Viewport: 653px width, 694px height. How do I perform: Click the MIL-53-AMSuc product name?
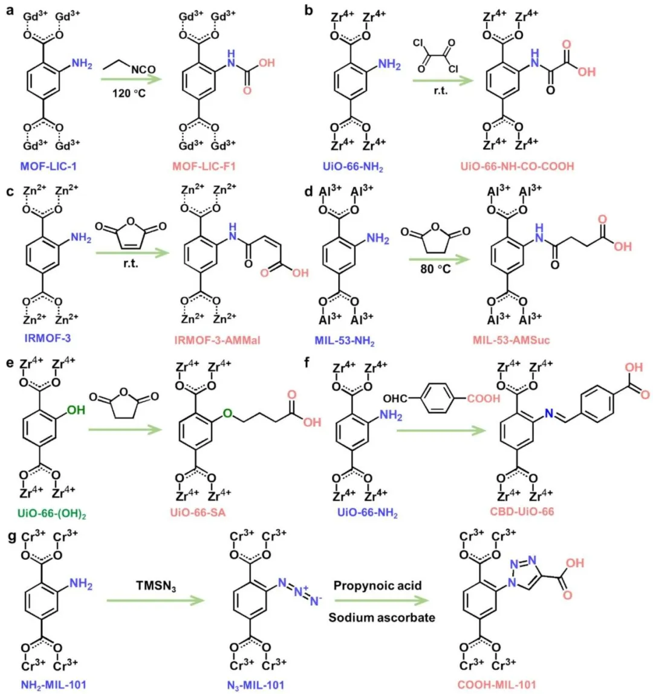point(512,340)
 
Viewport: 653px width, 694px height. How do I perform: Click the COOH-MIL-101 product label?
point(497,685)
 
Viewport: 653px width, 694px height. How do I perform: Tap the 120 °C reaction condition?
point(129,94)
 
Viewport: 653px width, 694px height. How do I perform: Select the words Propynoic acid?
point(377,586)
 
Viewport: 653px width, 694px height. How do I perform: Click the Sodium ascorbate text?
point(382,617)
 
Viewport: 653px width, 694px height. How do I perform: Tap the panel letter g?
point(9,535)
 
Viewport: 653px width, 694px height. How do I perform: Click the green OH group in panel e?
point(76,410)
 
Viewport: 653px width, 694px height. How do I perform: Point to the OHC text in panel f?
point(395,399)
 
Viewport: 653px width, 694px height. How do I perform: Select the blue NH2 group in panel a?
point(82,63)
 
